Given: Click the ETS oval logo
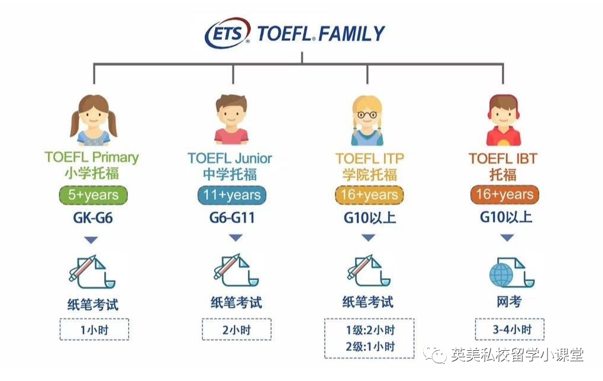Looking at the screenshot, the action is click(227, 33).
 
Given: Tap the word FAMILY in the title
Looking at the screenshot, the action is click(351, 34).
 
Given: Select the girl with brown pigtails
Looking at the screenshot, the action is click(93, 120).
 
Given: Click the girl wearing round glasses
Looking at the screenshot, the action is click(367, 120).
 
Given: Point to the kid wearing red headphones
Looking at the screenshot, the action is click(504, 120).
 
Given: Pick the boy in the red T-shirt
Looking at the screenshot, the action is click(231, 120).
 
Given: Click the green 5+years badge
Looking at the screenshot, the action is click(93, 195).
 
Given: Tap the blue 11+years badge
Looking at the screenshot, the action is click(231, 195).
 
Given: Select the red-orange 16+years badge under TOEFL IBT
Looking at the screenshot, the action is click(505, 194).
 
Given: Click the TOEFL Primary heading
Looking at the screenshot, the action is click(92, 157).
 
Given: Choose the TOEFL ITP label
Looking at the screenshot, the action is click(370, 158).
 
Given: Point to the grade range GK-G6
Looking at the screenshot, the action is click(93, 218).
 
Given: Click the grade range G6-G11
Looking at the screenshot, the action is click(232, 218).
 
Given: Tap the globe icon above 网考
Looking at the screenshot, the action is click(501, 275).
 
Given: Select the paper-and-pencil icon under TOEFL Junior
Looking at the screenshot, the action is click(236, 271).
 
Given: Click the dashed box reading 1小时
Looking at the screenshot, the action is click(94, 329).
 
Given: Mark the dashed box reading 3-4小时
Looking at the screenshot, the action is click(510, 329).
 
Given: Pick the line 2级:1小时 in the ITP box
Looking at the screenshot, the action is click(370, 347).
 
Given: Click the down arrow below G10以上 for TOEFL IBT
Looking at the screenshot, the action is click(507, 238).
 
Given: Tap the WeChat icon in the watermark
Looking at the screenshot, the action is click(435, 354).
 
